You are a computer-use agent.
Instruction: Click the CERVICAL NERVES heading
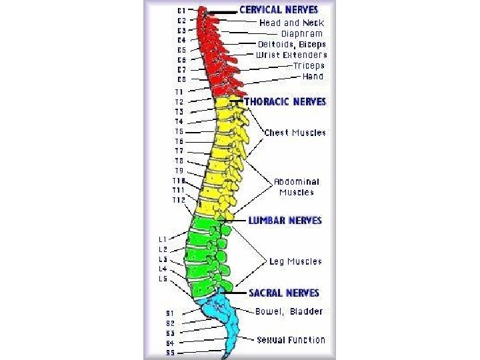(278, 11)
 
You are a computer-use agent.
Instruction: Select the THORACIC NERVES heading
(285, 102)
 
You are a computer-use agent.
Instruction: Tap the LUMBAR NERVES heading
(285, 220)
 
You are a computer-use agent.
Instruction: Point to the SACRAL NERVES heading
(284, 293)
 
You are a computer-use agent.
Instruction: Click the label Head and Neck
(291, 23)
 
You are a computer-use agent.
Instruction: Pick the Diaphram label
(301, 33)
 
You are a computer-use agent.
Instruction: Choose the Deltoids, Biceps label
(291, 44)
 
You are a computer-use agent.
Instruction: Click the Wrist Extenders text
(291, 55)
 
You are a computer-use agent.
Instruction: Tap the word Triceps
(308, 65)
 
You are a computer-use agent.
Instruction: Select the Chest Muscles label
(295, 133)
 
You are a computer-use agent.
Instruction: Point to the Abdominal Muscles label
(297, 187)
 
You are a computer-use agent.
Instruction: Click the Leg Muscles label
(295, 262)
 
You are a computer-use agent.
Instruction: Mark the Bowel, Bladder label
(289, 311)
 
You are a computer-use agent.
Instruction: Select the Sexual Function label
(291, 340)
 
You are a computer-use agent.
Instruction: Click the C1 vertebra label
(181, 10)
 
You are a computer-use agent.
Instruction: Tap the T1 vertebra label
(179, 91)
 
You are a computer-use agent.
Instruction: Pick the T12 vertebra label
(178, 200)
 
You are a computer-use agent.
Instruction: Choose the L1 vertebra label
(163, 239)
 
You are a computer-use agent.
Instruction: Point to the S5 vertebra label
(170, 353)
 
